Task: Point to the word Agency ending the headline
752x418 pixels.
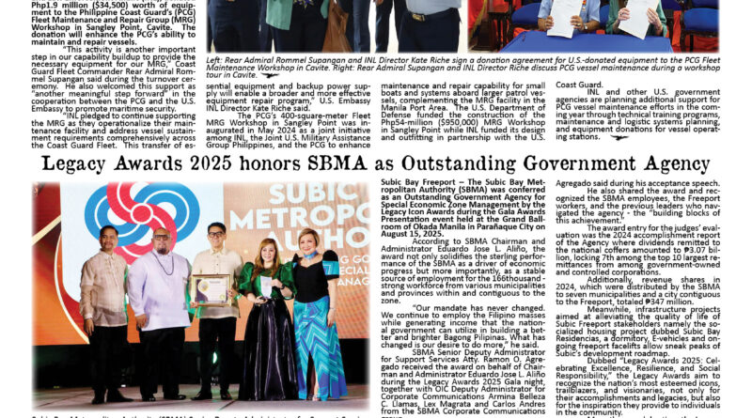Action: point(674,164)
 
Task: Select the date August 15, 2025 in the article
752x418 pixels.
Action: point(414,231)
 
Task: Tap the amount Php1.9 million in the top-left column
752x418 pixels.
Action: point(62,6)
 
